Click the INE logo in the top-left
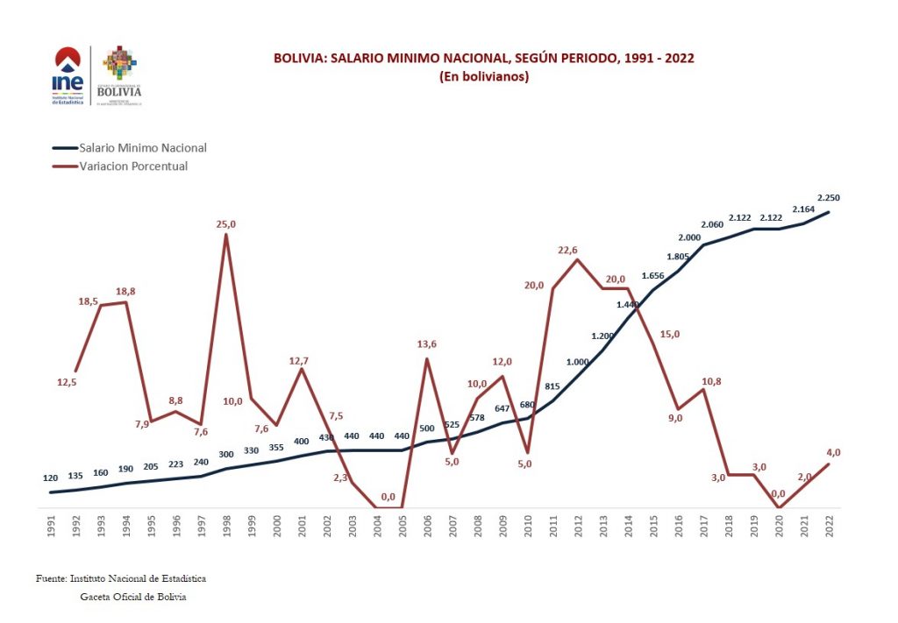[68, 75]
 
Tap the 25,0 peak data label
[226, 224]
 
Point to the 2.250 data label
[828, 197]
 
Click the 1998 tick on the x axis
[226, 528]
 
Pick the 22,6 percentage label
[567, 251]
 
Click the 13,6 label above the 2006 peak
[427, 344]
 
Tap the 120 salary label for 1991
[50, 478]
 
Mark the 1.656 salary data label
[652, 275]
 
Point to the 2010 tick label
[527, 528]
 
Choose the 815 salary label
[552, 386]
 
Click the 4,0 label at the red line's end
[833, 452]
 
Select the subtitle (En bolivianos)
[483, 76]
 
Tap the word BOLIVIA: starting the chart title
[300, 59]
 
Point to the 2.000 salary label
[689, 237]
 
